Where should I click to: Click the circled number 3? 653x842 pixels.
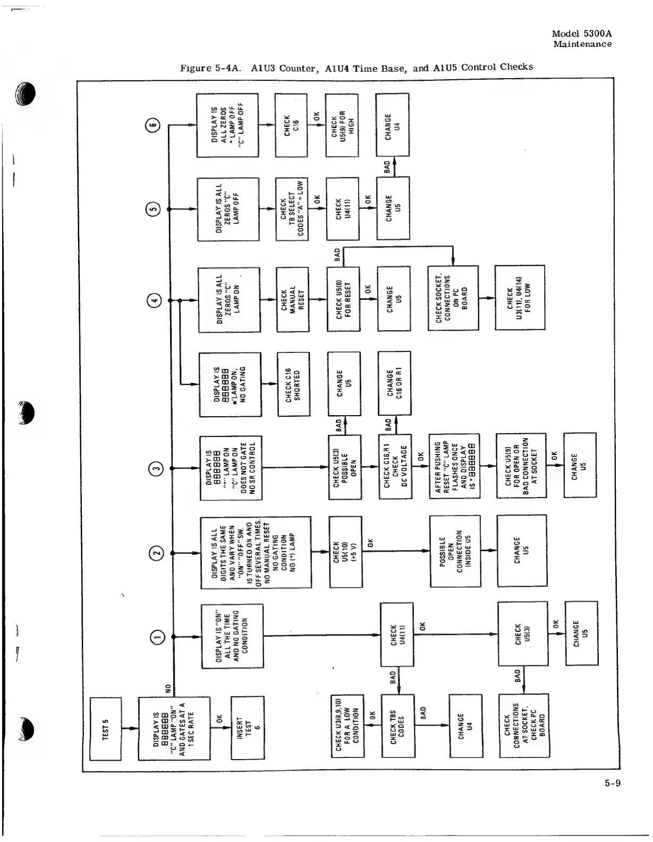155,468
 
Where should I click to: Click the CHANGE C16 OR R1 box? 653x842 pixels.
394,383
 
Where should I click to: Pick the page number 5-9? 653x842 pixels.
612,782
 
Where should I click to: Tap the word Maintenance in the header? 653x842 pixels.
582,44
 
